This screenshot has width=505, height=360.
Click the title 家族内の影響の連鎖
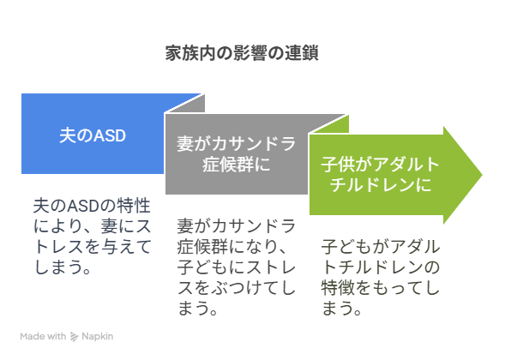pyautogui.click(x=242, y=53)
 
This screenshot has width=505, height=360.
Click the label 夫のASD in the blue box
pyautogui.click(x=93, y=135)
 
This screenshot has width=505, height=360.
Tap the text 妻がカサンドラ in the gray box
pyautogui.click(x=236, y=144)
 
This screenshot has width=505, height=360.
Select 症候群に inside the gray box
pyautogui.click(x=236, y=165)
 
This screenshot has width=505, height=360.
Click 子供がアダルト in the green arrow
pyautogui.click(x=381, y=165)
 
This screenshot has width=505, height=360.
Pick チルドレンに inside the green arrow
pyautogui.click(x=381, y=185)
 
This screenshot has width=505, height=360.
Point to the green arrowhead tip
pyautogui.click(x=482, y=175)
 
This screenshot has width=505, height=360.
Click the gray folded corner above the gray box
pyautogui.click(x=189, y=104)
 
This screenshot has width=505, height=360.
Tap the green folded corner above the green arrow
pyautogui.click(x=334, y=124)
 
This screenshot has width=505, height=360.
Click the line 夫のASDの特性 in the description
pyautogui.click(x=92, y=206)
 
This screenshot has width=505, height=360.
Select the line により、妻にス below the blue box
pyautogui.click(x=92, y=226)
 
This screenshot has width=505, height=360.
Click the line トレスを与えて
pyautogui.click(x=93, y=247)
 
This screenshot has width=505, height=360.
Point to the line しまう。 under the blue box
pyautogui.click(x=63, y=267)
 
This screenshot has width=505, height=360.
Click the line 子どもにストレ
pyautogui.click(x=237, y=267)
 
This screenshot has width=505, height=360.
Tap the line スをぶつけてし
pyautogui.click(x=237, y=287)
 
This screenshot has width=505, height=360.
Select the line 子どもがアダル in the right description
pyautogui.click(x=381, y=247)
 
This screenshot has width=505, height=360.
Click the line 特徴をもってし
pyautogui.click(x=381, y=287)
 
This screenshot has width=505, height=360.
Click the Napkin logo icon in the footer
pyautogui.click(x=74, y=337)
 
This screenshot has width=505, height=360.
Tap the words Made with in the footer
pyautogui.click(x=43, y=337)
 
